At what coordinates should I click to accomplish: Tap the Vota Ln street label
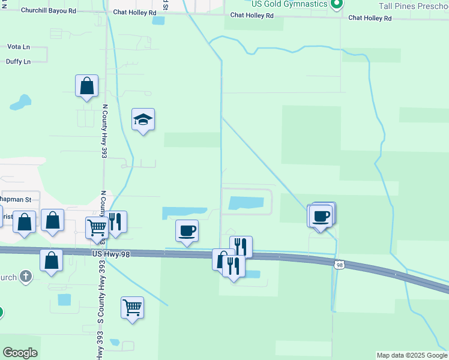click(19, 46)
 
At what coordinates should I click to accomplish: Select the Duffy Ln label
click(18, 62)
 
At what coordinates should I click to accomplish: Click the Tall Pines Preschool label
click(414, 5)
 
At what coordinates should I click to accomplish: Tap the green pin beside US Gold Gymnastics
click(336, 4)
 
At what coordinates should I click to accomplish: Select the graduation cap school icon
click(143, 120)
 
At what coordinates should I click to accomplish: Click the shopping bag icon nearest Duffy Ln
click(87, 86)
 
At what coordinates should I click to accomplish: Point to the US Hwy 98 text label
click(111, 254)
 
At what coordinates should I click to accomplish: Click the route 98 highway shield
click(340, 265)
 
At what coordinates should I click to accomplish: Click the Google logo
click(20, 353)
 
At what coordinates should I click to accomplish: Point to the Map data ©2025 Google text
click(412, 355)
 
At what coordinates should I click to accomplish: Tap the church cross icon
click(25, 277)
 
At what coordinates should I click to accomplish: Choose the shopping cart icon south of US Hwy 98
click(132, 308)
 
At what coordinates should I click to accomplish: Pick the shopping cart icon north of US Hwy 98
click(97, 227)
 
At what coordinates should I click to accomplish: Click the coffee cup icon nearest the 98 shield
click(321, 216)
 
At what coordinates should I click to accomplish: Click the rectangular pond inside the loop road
click(247, 203)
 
